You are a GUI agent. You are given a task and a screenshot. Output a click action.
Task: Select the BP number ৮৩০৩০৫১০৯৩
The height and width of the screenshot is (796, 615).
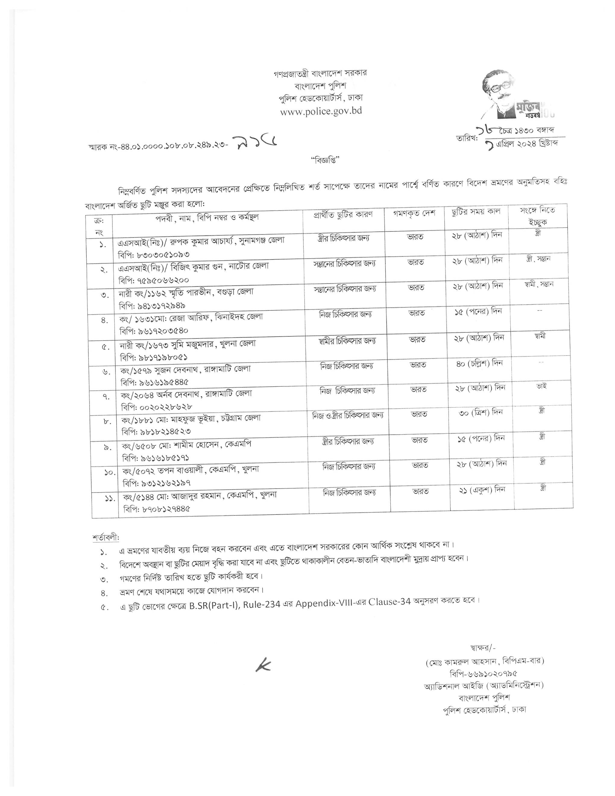click(159, 254)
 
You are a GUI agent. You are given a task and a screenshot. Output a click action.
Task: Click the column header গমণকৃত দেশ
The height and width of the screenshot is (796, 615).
click(414, 213)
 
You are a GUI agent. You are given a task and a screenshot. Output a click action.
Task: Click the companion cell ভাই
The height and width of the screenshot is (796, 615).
click(541, 386)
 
